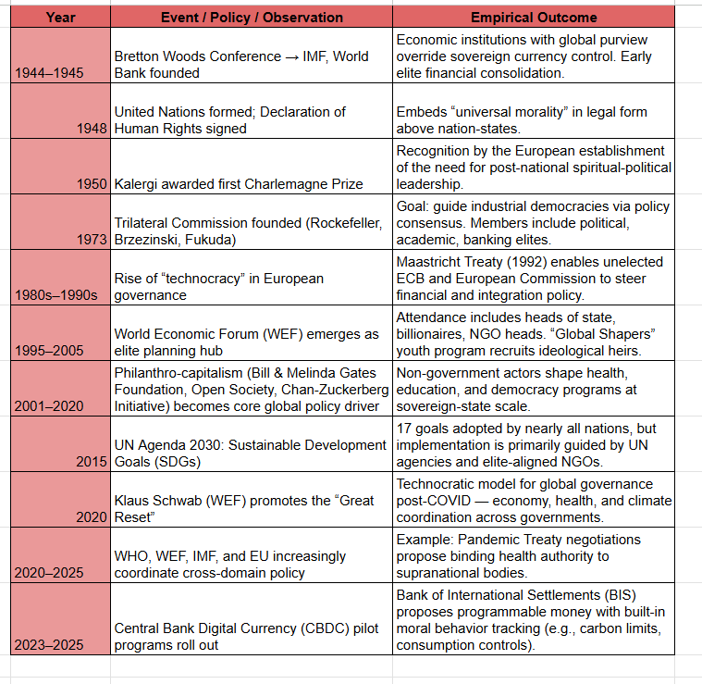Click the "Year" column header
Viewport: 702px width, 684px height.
tap(60, 17)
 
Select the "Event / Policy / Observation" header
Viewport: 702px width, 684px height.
tap(252, 17)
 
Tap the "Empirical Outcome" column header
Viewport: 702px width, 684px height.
tap(534, 17)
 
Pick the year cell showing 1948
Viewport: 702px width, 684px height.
tap(92, 129)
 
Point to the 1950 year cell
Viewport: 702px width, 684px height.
tap(92, 183)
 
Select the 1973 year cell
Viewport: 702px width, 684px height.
tap(92, 239)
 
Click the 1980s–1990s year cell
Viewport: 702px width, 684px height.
tap(56, 295)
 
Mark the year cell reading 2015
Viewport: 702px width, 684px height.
tap(92, 462)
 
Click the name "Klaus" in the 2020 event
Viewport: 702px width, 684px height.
tap(133, 501)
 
